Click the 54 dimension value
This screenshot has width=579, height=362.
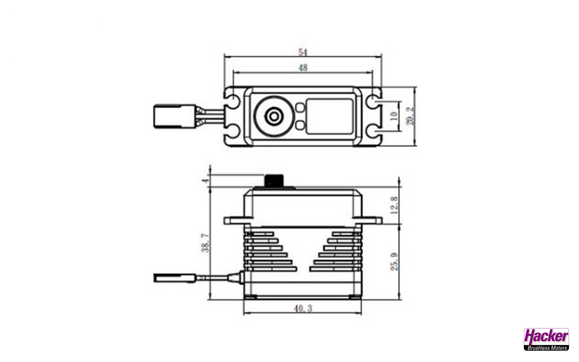[x=302, y=52]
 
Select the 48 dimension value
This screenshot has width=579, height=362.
[x=303, y=68]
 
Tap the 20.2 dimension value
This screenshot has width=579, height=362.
[x=410, y=116]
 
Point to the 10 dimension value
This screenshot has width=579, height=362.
[x=394, y=116]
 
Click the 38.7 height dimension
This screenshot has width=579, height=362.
[x=205, y=243]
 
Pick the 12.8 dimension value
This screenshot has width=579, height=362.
[x=394, y=205]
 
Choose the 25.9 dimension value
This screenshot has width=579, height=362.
[x=394, y=262]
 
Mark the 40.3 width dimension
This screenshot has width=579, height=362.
[x=302, y=309]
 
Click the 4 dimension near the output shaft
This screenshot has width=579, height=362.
[x=206, y=181]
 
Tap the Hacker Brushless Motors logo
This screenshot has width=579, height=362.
[x=546, y=339]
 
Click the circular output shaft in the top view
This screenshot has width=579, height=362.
[x=273, y=116]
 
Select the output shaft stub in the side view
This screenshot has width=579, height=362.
[x=274, y=180]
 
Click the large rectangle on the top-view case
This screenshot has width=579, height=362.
[x=329, y=116]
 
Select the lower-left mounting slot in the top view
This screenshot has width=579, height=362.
[x=232, y=131]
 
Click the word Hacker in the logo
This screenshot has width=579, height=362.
[x=546, y=336]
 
